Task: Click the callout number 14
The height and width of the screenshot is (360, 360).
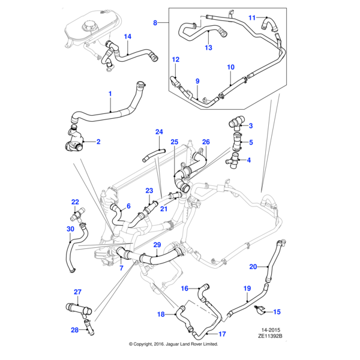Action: coord(127,37)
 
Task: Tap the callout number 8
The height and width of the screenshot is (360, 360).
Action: coord(155,23)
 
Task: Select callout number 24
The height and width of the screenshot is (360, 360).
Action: coord(159,132)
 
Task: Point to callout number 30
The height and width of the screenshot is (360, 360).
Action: coord(70,229)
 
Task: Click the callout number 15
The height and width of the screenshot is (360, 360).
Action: coord(277,312)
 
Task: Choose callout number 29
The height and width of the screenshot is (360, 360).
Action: coord(157,245)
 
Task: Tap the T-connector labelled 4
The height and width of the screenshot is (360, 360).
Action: coord(233,160)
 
